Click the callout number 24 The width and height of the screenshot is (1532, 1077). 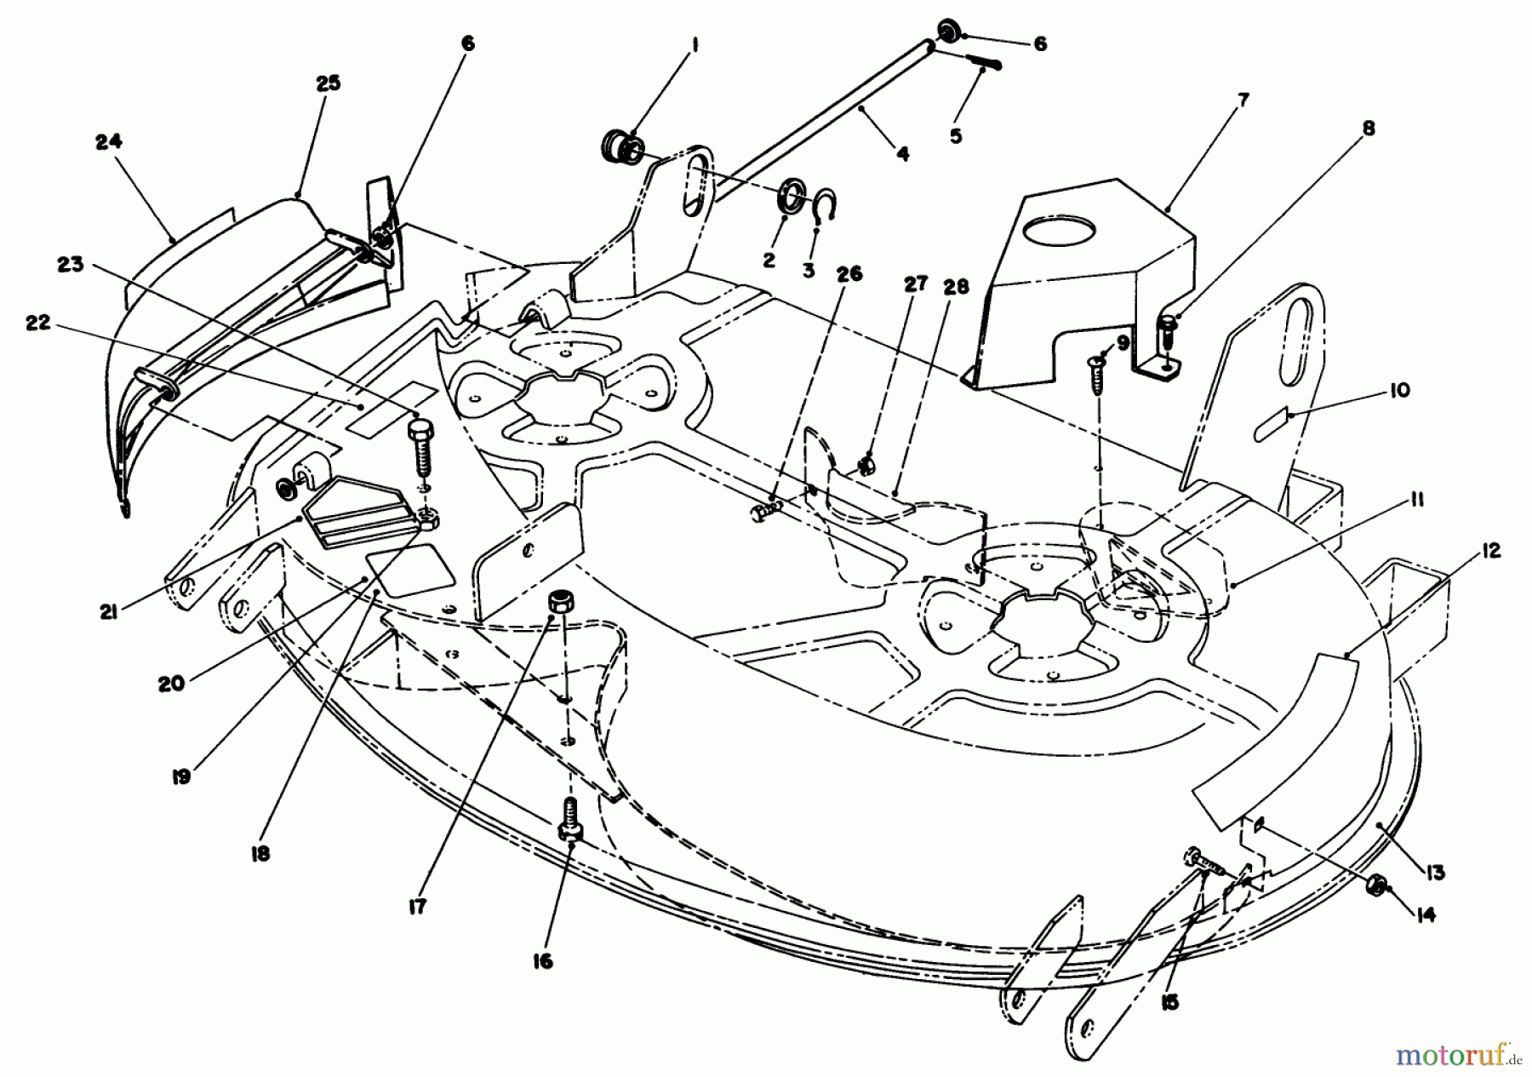109,141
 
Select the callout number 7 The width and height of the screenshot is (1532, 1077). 1243,100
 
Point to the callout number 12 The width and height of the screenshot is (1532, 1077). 1490,551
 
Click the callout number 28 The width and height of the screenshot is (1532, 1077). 956,287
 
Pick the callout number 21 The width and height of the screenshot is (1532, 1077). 108,610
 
